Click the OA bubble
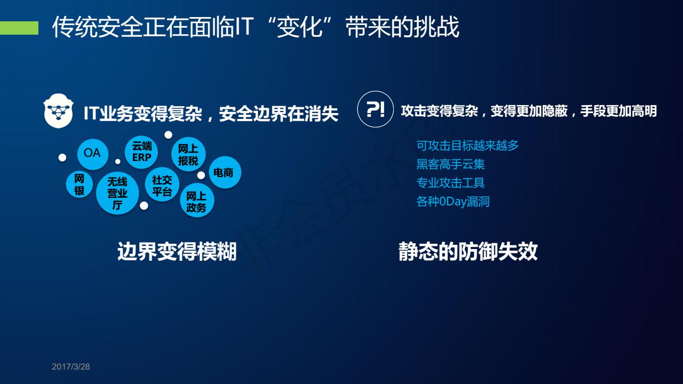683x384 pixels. [93, 154]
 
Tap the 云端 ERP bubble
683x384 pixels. [141, 153]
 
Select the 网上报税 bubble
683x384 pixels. [188, 154]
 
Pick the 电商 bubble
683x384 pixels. [225, 172]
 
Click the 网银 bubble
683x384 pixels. [80, 185]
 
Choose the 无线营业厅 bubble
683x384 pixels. [117, 193]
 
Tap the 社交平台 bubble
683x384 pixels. [162, 185]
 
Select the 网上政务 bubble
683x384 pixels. [197, 200]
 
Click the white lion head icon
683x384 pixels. [58, 110]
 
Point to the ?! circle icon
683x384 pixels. [375, 109]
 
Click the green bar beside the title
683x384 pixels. [19, 28]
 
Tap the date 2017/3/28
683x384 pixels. [71, 366]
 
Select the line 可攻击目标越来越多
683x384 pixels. [467, 146]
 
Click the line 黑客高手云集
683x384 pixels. [450, 164]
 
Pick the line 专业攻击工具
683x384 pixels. [450, 183]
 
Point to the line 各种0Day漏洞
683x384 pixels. [453, 202]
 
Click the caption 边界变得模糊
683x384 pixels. [177, 251]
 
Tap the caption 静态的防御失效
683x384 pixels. [468, 251]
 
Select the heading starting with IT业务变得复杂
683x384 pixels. [211, 114]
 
